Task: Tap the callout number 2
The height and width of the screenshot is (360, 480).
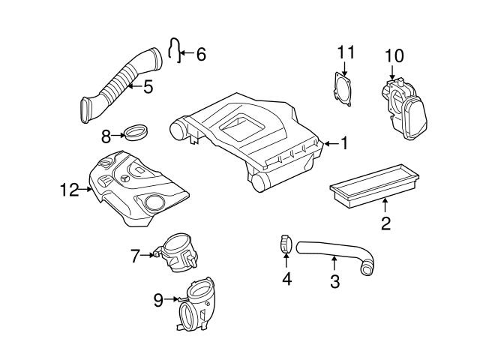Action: [385, 223]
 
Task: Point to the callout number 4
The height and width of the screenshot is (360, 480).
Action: [286, 280]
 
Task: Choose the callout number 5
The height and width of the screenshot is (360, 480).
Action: [148, 88]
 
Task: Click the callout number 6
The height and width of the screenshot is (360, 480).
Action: [200, 54]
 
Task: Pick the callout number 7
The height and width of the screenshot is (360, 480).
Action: [136, 256]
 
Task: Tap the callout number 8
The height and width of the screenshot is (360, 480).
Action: [106, 136]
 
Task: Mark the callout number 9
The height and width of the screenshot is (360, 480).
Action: [158, 300]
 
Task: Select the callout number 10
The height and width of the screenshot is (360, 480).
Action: [394, 55]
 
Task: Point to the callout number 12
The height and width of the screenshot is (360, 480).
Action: [69, 190]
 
